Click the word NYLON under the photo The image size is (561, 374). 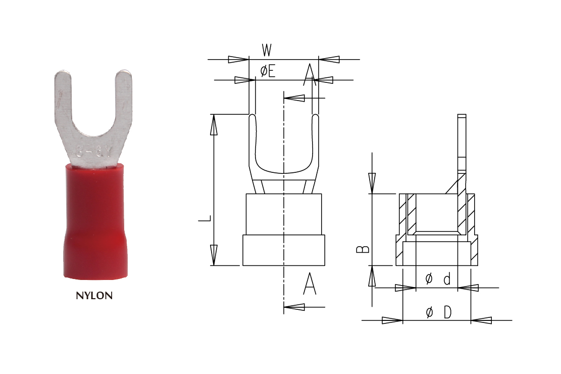click(x=94, y=296)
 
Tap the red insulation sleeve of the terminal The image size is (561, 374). click(x=94, y=222)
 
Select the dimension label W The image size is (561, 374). click(x=267, y=50)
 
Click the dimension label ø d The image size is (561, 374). click(x=437, y=278)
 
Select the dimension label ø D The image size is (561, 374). click(x=437, y=313)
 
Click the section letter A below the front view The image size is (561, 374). click(x=310, y=284)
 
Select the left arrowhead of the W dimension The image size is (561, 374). click(x=238, y=60)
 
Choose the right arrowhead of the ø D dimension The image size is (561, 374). click(x=481, y=320)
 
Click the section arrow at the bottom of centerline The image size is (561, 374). click(x=295, y=307)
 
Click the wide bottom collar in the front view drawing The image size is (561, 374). click(x=283, y=250)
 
